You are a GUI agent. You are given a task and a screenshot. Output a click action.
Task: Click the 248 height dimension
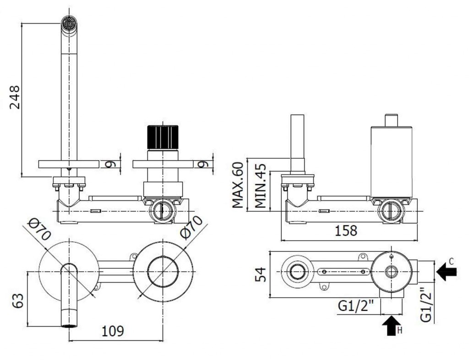(15, 97)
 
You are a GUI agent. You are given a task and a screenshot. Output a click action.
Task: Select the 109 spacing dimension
(113, 331)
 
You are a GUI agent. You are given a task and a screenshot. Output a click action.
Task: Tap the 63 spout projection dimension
(18, 301)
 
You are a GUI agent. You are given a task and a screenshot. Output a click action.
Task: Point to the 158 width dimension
(346, 230)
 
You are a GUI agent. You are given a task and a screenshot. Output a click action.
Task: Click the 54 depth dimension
(260, 274)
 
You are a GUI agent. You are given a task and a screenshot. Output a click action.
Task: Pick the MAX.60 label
(238, 185)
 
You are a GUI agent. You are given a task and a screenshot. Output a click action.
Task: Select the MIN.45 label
(261, 185)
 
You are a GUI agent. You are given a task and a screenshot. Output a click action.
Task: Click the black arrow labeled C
(446, 272)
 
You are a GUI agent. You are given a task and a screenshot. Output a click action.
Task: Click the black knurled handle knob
(163, 137)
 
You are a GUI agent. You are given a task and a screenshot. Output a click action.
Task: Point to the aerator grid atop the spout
(70, 23)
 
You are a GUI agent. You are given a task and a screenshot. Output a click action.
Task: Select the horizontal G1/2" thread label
(356, 306)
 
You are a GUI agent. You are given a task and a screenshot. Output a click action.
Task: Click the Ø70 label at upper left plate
(39, 229)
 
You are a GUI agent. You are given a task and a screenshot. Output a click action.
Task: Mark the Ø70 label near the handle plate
(191, 228)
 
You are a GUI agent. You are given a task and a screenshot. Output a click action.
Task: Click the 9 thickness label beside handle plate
(203, 164)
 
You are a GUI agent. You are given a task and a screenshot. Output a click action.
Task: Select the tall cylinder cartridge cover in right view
(392, 162)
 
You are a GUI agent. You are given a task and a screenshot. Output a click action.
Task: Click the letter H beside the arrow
(400, 330)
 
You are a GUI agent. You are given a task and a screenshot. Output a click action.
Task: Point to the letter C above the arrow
(451, 262)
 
